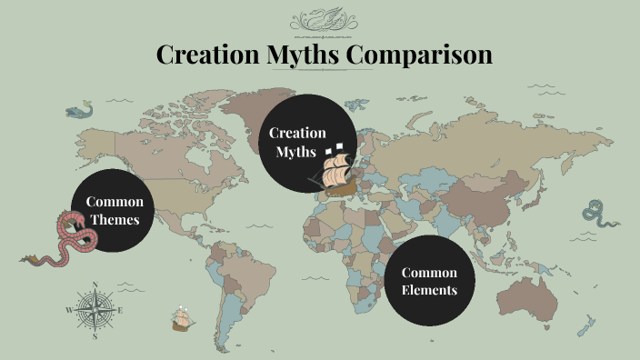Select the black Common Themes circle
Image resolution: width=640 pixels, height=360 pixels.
click(x=115, y=210)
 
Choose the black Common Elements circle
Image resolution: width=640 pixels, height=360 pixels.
click(x=429, y=281)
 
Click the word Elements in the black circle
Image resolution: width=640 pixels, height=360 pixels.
click(x=429, y=291)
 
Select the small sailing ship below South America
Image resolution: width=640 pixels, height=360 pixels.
click(x=182, y=319)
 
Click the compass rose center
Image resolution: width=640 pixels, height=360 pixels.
click(x=95, y=310)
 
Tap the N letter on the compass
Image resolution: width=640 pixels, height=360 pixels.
click(x=95, y=285)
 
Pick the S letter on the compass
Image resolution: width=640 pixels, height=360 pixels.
click(x=95, y=335)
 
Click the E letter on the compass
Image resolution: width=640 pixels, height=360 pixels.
click(x=120, y=310)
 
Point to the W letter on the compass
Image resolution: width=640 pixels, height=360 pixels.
click(x=68, y=310)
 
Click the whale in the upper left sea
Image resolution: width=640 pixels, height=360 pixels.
click(x=80, y=112)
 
